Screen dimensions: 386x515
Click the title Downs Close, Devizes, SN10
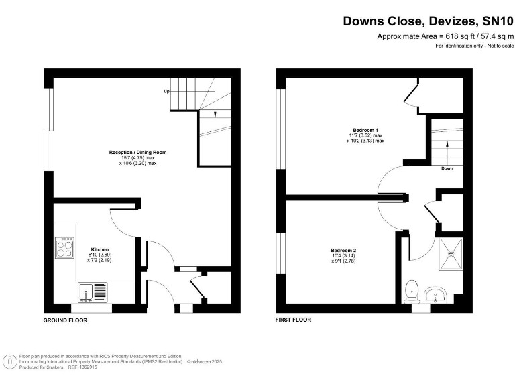click(x=428, y=21)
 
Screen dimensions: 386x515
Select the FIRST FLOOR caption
click(x=293, y=320)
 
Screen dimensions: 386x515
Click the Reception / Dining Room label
click(x=138, y=153)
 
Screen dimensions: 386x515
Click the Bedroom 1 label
click(x=366, y=129)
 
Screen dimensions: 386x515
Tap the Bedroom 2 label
click(x=343, y=249)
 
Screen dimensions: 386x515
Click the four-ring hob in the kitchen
click(x=65, y=248)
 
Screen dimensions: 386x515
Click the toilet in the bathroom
click(x=412, y=291)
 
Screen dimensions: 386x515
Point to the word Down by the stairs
click(x=447, y=168)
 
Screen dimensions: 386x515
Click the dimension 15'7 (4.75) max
click(x=138, y=158)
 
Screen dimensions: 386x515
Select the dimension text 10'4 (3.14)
click(x=343, y=254)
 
